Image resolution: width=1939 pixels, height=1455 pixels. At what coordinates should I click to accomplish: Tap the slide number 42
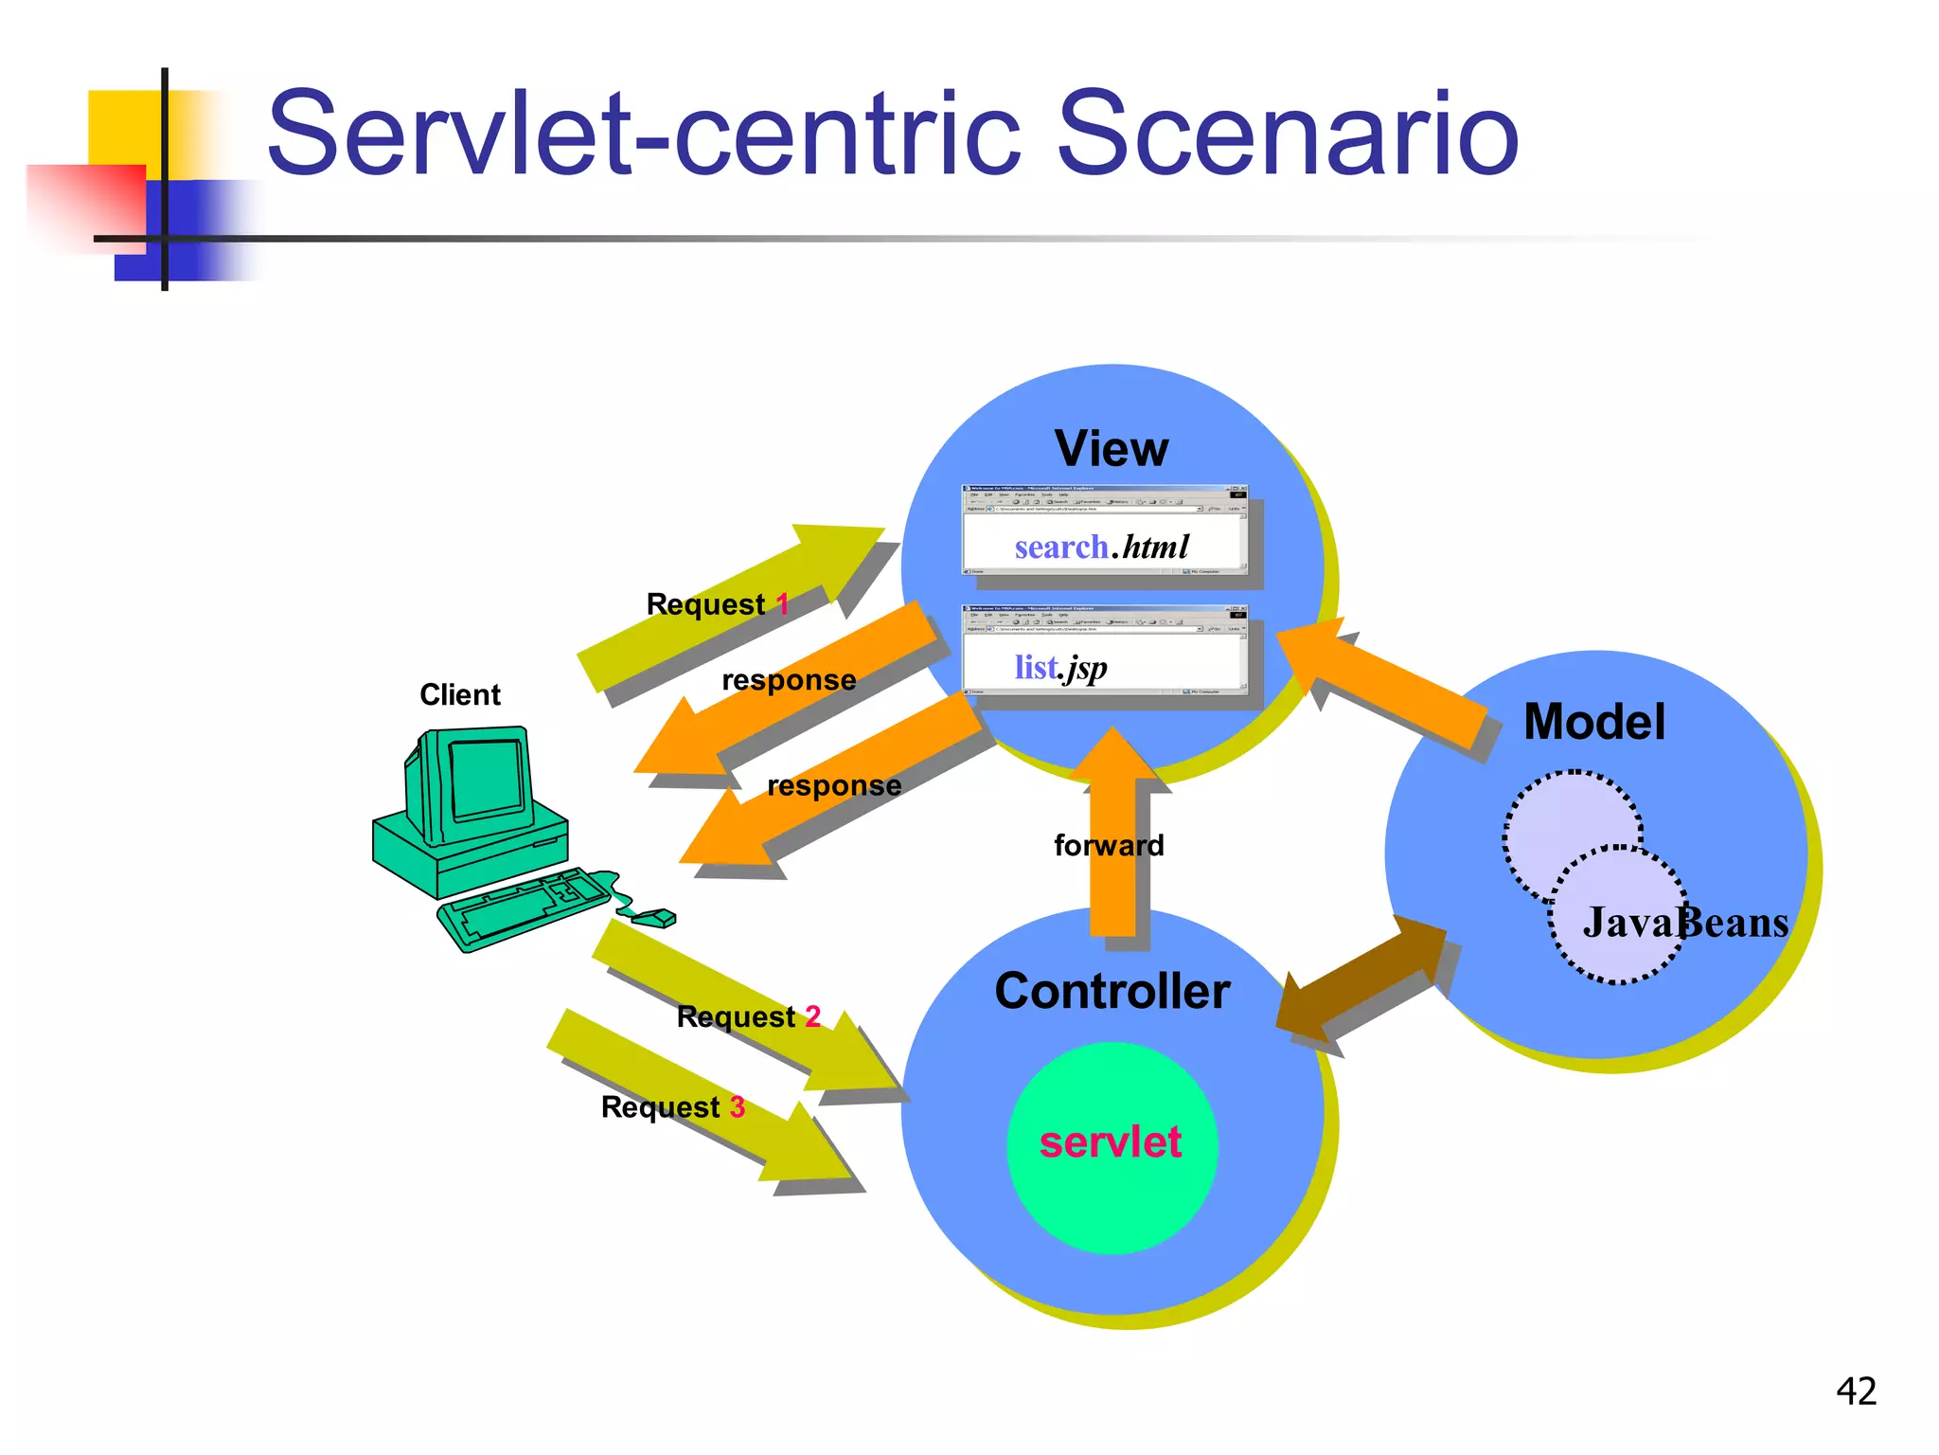pyautogui.click(x=1856, y=1391)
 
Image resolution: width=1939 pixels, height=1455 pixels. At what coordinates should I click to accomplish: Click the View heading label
pyautogui.click(x=1112, y=448)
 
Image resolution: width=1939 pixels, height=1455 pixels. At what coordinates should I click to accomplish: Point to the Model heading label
pyautogui.click(x=1593, y=722)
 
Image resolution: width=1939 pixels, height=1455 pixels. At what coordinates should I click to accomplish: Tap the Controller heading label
pyautogui.click(x=1112, y=991)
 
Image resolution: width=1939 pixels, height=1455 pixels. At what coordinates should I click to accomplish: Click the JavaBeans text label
pyautogui.click(x=1685, y=922)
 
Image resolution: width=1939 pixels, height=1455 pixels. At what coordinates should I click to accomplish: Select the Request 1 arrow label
pyautogui.click(x=717, y=604)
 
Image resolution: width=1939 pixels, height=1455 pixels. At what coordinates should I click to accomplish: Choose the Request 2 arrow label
pyautogui.click(x=748, y=1016)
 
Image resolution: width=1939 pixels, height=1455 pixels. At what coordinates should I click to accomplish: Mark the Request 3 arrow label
pyautogui.click(x=672, y=1106)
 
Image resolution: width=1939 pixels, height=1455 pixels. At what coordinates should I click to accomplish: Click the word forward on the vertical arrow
pyautogui.click(x=1109, y=845)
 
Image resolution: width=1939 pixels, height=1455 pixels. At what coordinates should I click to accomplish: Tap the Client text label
pyautogui.click(x=459, y=694)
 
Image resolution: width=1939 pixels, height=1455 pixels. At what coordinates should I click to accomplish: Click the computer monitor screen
pyautogui.click(x=487, y=779)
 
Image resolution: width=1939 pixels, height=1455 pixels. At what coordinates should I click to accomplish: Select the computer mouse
pyautogui.click(x=654, y=917)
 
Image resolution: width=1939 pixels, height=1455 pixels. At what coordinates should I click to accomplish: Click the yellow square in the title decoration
pyautogui.click(x=123, y=128)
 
